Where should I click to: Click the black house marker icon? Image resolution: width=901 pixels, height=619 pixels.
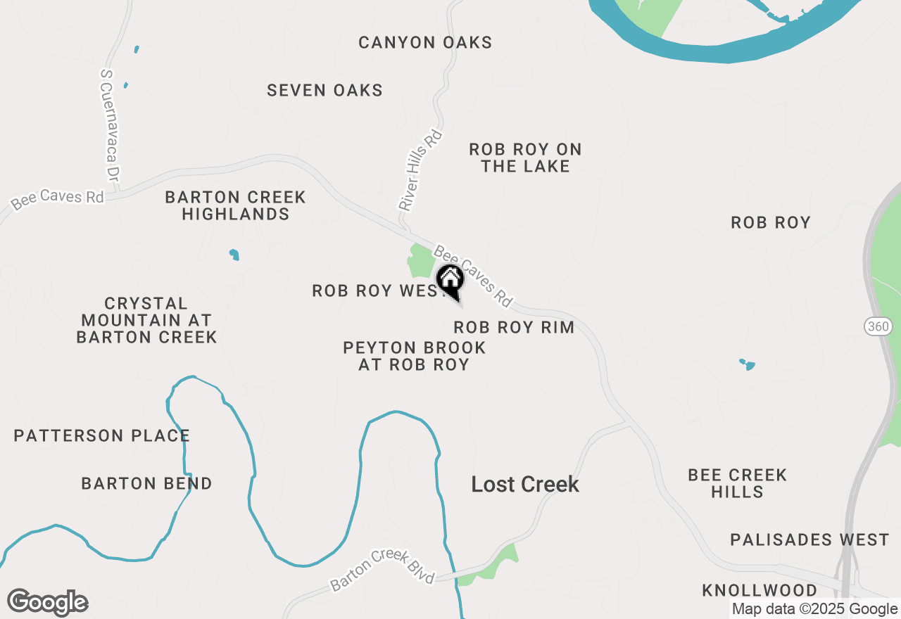[450, 280]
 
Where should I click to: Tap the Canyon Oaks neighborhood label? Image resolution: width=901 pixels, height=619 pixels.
[425, 43]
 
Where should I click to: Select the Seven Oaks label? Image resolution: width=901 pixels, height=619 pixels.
[325, 90]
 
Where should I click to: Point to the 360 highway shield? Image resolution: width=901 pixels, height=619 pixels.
[875, 326]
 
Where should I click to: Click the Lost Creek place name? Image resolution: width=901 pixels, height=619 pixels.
[525, 484]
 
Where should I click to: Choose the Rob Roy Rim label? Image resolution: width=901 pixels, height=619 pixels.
[514, 327]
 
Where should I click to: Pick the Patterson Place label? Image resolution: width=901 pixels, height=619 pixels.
[102, 436]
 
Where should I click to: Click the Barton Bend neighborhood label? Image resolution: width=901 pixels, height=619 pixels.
[146, 484]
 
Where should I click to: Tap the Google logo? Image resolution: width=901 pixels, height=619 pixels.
[48, 603]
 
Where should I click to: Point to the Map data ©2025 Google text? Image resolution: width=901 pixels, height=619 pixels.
[814, 609]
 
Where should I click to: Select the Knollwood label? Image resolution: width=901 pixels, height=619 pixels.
[760, 590]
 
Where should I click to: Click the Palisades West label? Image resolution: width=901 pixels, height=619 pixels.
[809, 540]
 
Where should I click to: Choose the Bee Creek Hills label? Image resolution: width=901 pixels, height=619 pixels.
[737, 483]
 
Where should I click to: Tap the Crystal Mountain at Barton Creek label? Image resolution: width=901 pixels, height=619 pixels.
[146, 320]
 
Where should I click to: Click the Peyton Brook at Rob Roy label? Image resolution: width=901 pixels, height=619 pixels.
[414, 356]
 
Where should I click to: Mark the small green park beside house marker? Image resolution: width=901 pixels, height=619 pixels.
[421, 262]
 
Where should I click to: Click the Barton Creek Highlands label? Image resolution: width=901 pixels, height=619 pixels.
[235, 205]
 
